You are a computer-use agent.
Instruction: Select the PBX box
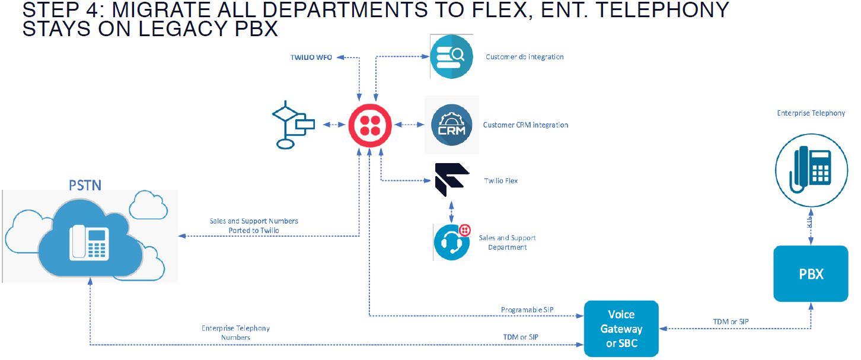coord(811,273)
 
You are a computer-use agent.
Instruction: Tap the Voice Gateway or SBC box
coord(621,329)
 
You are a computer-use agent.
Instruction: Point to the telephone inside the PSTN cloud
coord(89,244)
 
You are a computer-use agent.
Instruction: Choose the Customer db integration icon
coord(451,57)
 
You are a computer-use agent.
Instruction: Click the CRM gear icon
coord(451,125)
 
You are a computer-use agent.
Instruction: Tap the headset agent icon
coord(452,241)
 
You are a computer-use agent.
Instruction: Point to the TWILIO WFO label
coord(311,57)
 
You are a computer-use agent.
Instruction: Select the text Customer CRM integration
coord(525,125)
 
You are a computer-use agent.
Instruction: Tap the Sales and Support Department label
coord(507,242)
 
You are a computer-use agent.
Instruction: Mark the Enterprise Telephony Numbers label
coord(235,333)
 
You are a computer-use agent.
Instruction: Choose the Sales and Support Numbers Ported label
coord(254,225)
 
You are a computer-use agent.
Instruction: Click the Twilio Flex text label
coord(501,180)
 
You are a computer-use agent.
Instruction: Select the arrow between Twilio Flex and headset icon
coord(452,211)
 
